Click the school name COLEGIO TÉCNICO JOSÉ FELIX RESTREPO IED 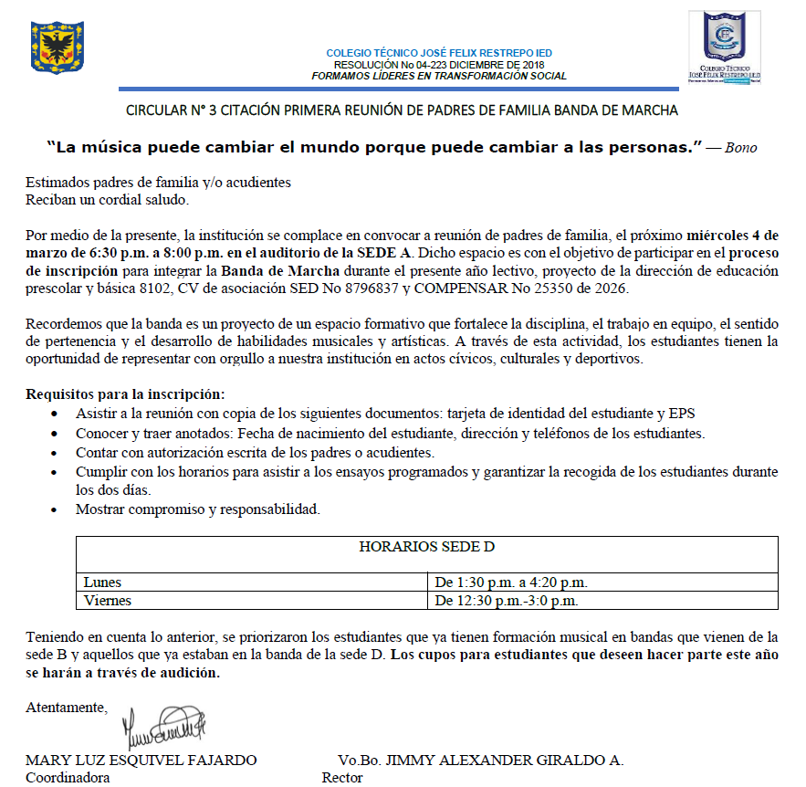coord(438,53)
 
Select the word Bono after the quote coord(740,147)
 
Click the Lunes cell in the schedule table coord(102,582)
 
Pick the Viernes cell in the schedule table coord(107,601)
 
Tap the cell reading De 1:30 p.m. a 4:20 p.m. coord(511,582)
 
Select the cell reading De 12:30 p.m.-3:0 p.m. coord(507,601)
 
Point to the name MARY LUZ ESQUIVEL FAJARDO coord(141,761)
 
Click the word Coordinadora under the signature coord(68,778)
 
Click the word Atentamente coord(67,707)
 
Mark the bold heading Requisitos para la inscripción coord(125,394)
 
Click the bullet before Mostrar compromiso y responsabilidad coord(60,509)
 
